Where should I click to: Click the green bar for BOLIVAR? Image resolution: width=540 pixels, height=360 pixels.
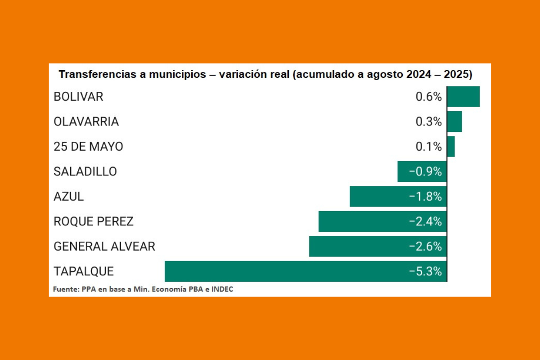coord(463,96)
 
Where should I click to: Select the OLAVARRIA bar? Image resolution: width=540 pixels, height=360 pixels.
coord(454,121)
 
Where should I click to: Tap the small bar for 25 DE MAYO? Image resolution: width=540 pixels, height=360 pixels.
coord(451,147)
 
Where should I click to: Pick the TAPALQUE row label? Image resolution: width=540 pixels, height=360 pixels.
coord(84,271)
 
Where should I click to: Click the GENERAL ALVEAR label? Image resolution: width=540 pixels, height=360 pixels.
coord(104,247)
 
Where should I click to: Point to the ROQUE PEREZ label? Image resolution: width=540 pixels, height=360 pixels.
coord(94,221)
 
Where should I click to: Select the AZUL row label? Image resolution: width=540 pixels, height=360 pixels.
coord(69,197)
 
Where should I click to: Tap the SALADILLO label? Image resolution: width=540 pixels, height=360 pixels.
coord(85,171)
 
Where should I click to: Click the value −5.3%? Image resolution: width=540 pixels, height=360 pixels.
coord(425,271)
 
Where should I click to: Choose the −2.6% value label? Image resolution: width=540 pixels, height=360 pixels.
coord(425,247)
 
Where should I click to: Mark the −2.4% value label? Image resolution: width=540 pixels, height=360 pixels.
coord(425,221)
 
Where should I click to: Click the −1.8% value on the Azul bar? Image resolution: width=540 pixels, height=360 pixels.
coord(425,197)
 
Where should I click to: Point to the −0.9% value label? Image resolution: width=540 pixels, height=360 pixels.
coord(425,171)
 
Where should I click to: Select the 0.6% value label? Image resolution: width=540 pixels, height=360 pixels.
coord(428,97)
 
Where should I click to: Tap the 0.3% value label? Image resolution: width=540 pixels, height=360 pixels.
coord(428,121)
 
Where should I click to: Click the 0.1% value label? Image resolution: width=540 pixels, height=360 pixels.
coord(428,147)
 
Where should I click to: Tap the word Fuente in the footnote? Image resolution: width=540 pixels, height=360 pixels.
coord(66,289)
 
